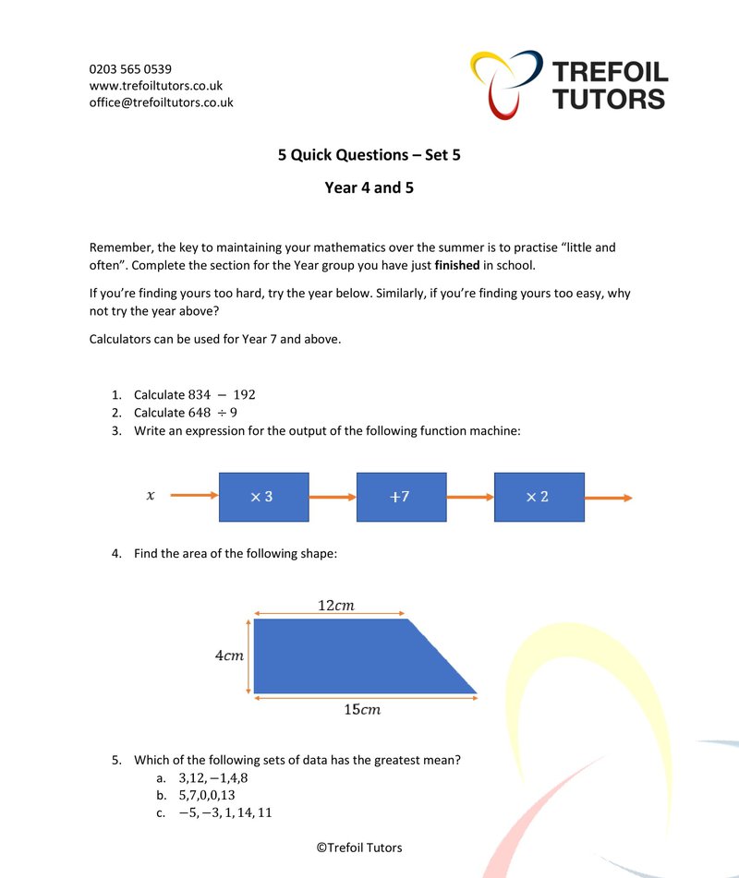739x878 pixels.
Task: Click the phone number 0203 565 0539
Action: click(130, 69)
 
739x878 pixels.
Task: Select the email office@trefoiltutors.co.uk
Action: click(161, 102)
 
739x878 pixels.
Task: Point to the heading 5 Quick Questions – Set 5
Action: click(369, 155)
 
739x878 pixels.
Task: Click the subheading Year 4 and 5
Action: click(369, 188)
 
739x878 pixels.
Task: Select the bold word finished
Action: click(456, 266)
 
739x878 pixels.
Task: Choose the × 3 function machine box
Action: click(263, 497)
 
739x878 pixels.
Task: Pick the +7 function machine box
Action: click(401, 497)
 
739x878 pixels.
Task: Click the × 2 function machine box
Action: click(539, 497)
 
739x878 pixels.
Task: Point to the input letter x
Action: click(151, 497)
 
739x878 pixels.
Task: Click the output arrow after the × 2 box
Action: click(609, 498)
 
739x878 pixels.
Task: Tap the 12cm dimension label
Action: click(335, 606)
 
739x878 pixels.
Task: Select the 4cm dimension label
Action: click(229, 655)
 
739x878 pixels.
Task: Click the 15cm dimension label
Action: click(362, 710)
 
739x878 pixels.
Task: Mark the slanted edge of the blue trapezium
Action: click(442, 656)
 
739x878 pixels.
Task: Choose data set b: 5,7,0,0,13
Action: click(208, 795)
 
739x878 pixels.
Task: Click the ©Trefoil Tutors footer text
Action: click(359, 848)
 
